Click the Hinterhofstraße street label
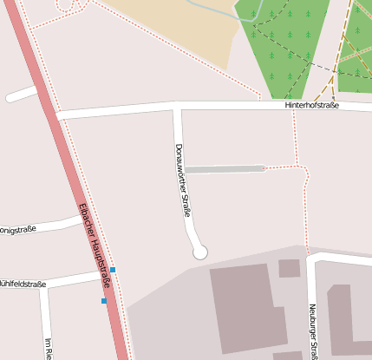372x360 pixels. (311, 105)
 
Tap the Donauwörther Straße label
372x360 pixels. (183, 180)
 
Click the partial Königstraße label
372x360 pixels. (17, 230)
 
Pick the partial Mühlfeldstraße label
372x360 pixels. (23, 283)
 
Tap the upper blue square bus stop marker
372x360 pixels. (113, 270)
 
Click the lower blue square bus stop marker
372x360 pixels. (104, 301)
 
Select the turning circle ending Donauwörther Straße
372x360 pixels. (200, 252)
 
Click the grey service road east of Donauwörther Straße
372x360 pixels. (224, 168)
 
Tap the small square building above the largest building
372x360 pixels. (289, 268)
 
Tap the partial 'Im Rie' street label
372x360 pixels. (49, 346)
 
